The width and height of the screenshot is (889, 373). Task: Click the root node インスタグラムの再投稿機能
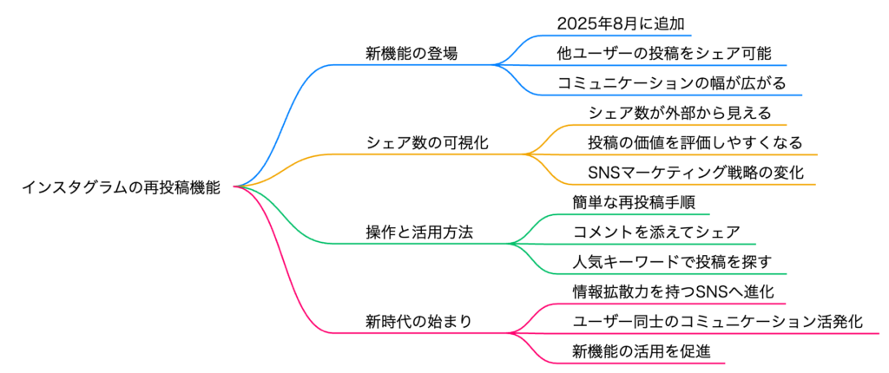pos(120,187)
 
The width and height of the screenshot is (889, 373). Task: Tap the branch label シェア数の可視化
pos(427,143)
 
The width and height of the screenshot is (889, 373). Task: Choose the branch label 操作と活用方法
pos(419,232)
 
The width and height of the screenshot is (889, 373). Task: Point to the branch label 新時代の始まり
pos(419,322)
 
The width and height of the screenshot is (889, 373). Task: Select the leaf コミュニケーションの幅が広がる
pos(671,83)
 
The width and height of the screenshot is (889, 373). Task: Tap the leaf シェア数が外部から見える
pos(680,114)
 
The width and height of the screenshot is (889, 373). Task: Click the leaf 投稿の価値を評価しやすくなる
pos(695,143)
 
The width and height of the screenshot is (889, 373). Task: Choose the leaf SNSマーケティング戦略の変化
pos(695,173)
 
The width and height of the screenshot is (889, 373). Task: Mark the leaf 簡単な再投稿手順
pos(635,202)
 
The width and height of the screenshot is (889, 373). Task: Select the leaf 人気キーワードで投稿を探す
pos(672,263)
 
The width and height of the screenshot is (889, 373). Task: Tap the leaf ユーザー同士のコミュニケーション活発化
pos(718,322)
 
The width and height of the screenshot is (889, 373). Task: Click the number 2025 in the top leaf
pos(576,23)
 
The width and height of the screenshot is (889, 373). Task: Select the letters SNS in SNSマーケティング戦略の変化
pos(605,173)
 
